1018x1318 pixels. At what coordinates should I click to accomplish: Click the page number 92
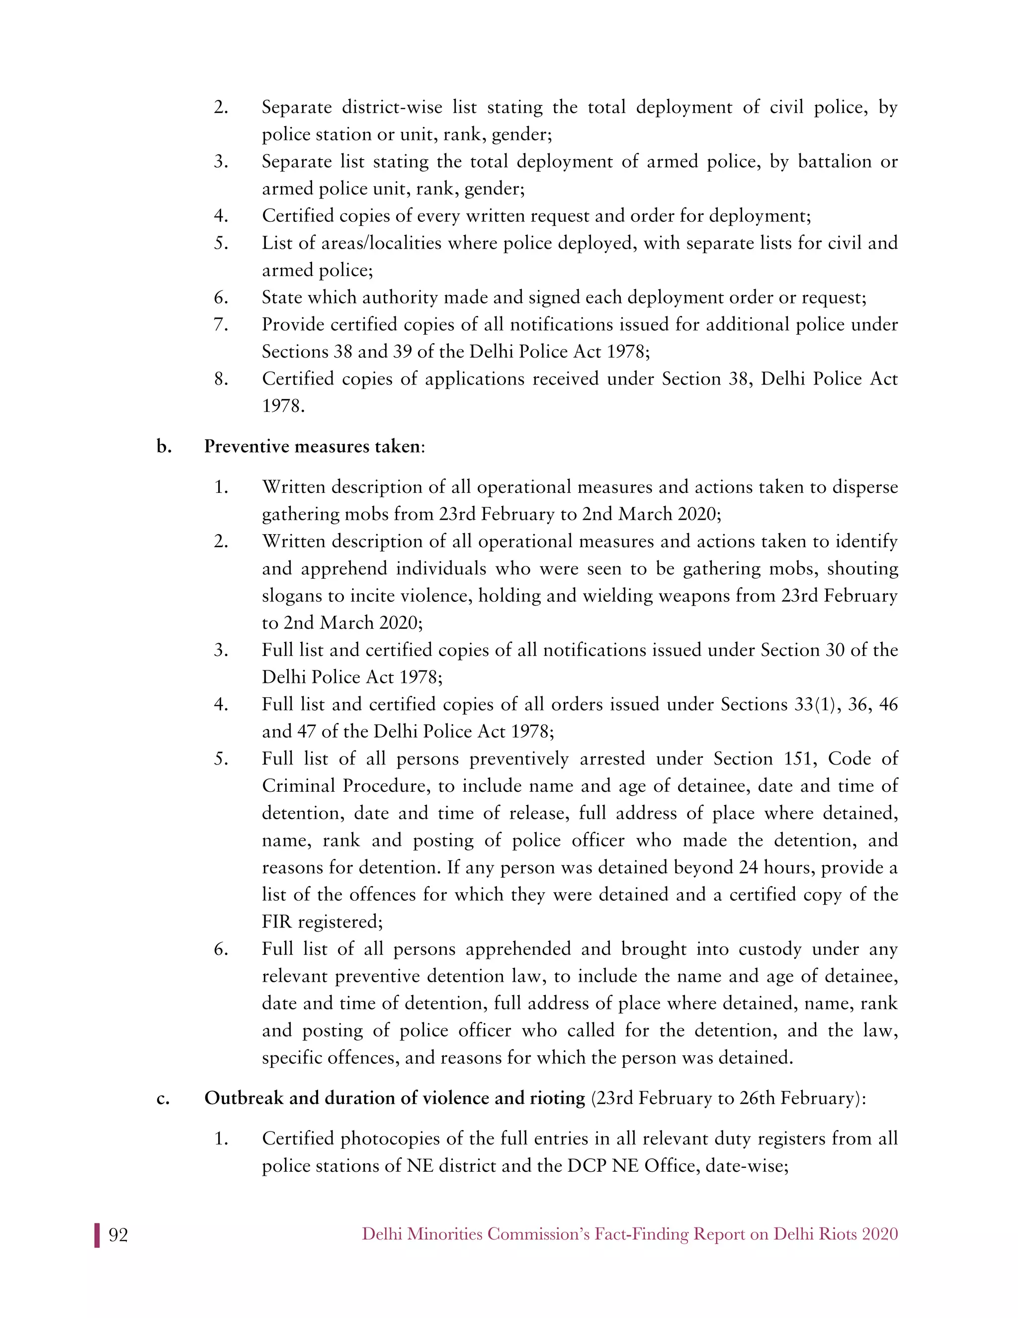coord(118,1235)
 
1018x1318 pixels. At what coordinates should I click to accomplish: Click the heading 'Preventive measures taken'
coord(312,447)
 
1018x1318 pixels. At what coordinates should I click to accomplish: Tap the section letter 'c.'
coord(163,1098)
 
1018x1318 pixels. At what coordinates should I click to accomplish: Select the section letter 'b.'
coord(164,447)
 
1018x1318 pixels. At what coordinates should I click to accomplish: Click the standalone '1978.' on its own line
coord(283,406)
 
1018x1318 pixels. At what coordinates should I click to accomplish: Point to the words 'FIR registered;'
coord(322,922)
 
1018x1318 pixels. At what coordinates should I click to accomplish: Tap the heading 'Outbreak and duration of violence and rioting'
coord(394,1098)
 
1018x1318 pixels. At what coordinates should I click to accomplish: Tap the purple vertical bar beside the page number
coord(96,1235)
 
